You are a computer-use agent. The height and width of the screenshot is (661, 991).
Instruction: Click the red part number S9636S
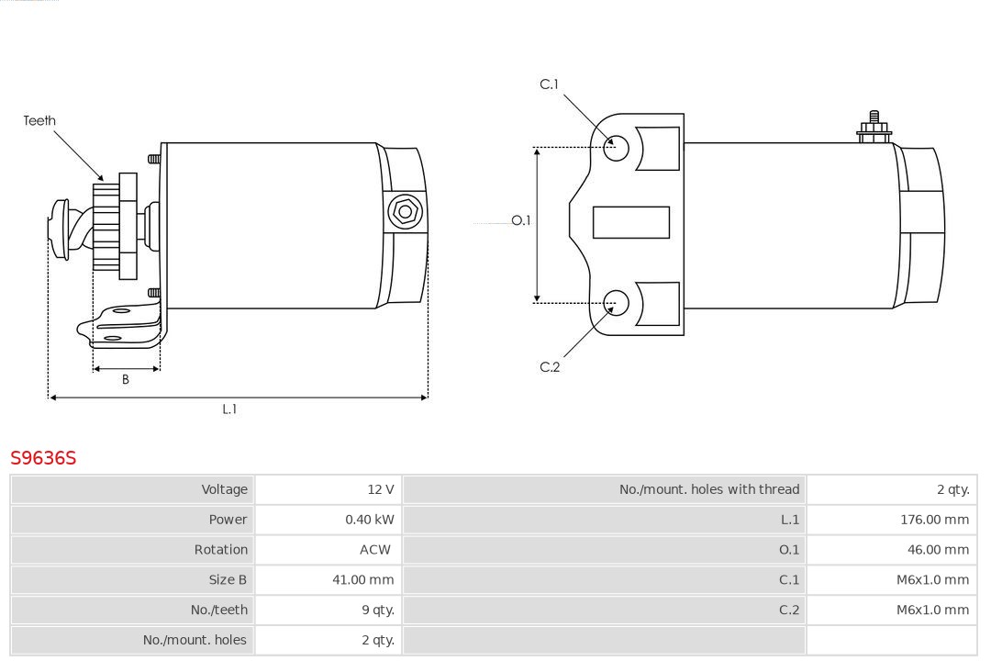click(43, 457)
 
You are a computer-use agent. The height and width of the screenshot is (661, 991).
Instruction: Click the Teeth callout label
click(39, 120)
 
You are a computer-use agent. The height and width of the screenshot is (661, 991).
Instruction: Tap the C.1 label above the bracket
click(549, 84)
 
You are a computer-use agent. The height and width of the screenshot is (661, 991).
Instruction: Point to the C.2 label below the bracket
click(550, 367)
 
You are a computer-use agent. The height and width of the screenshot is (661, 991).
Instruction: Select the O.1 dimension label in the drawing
click(521, 220)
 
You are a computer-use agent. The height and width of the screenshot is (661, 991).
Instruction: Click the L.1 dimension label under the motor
click(229, 409)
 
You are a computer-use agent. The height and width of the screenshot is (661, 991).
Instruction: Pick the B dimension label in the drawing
click(126, 379)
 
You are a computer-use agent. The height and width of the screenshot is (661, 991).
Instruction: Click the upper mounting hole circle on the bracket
click(617, 147)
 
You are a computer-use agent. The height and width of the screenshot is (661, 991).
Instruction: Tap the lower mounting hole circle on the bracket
click(617, 302)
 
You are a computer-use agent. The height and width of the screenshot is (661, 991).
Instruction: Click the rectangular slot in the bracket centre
click(630, 222)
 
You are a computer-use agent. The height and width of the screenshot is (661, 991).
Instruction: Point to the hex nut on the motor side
click(405, 212)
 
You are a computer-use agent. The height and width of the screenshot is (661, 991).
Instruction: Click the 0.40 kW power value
click(370, 520)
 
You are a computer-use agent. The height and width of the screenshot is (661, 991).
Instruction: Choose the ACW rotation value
click(375, 550)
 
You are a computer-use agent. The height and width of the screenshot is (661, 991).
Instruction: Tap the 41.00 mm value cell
click(363, 579)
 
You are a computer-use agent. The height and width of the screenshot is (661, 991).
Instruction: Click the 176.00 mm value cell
click(934, 520)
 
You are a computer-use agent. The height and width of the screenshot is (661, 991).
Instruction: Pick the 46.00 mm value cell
click(938, 550)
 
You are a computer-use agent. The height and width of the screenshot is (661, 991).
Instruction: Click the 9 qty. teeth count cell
click(378, 610)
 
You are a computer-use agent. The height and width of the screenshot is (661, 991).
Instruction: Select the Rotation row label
click(220, 550)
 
